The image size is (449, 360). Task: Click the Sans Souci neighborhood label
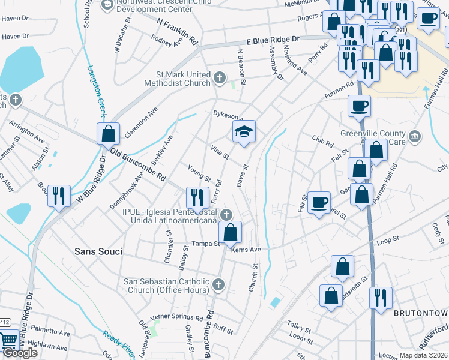coord(98,251)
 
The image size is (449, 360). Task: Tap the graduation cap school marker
coord(244,131)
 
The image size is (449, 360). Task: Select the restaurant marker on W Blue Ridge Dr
coord(59,195)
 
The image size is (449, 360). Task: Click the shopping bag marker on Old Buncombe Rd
coord(108,134)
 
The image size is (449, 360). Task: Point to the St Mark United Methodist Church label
coord(178,79)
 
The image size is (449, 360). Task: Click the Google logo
coord(20,353)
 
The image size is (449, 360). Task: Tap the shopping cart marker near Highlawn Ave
coord(8,341)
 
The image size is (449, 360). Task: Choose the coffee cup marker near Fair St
coord(319,202)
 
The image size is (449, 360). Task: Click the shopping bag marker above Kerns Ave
coord(230,232)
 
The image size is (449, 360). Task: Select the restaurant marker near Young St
coord(196,197)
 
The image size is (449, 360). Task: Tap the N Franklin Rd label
coord(177,32)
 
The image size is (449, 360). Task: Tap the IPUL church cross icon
coord(226,214)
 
